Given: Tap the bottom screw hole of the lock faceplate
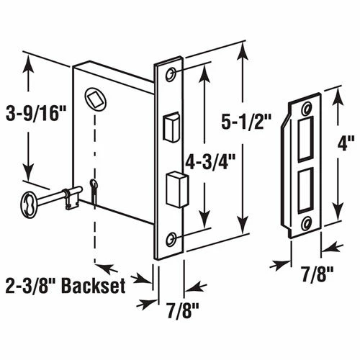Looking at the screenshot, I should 171,239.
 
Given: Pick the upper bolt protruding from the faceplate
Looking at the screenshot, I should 171,125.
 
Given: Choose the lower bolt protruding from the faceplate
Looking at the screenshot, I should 173,189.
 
